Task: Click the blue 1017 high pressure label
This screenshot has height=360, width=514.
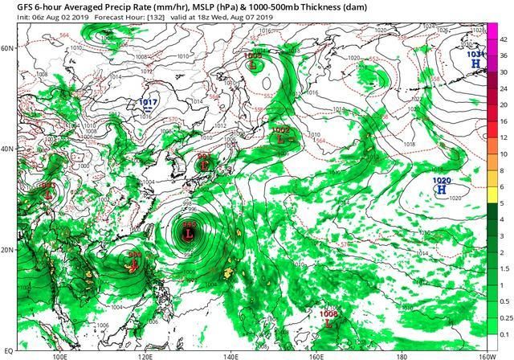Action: pos(148,103)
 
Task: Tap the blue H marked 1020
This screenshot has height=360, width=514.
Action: pos(441,190)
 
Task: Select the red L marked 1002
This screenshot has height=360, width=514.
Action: pos(280,138)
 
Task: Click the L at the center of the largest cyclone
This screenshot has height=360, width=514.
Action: pos(189,235)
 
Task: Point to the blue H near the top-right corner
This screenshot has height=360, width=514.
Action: pos(475,63)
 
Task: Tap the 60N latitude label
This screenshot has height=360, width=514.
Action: pos(8,48)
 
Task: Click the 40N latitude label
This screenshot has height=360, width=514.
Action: pos(8,149)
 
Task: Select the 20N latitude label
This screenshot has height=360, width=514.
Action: pos(8,250)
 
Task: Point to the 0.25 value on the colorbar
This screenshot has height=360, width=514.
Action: pos(504,319)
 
